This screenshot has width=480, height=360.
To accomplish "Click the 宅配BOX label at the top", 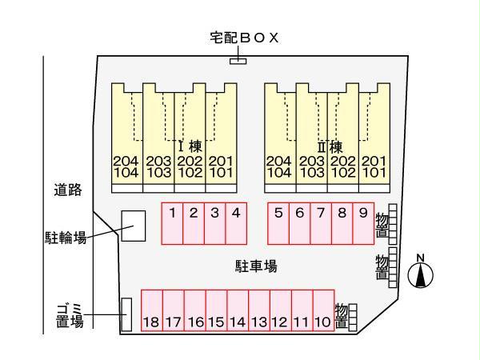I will (x=239, y=38).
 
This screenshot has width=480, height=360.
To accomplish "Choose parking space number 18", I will (x=151, y=312).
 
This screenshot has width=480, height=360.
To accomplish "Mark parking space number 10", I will (x=323, y=312).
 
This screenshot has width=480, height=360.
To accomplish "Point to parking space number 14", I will (x=237, y=312).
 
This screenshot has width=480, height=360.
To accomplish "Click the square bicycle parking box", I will (x=133, y=226).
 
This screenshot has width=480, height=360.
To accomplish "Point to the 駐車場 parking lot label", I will (x=256, y=266).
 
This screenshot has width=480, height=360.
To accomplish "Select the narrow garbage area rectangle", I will (x=126, y=314).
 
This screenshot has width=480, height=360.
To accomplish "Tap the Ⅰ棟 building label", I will (x=190, y=146).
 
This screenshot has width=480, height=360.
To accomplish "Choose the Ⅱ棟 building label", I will (x=330, y=146).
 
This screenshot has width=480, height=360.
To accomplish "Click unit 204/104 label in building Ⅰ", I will (x=126, y=166).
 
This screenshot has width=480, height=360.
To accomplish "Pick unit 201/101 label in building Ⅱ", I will (x=374, y=166).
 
